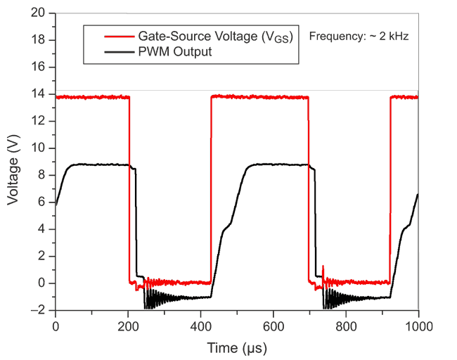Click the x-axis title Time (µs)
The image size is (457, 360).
(x=236, y=347)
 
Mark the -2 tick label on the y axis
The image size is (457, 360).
(x=41, y=310)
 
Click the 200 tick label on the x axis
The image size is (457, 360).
(x=128, y=326)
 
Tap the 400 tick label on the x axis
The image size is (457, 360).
(x=200, y=326)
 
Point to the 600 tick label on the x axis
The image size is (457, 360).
(x=273, y=326)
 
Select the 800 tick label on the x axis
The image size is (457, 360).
(x=345, y=326)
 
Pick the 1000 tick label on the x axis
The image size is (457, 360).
(x=417, y=326)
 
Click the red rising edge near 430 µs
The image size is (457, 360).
(x=211, y=190)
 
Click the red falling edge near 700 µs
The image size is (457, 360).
(x=308, y=190)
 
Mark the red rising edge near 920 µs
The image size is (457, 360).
(x=390, y=190)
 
